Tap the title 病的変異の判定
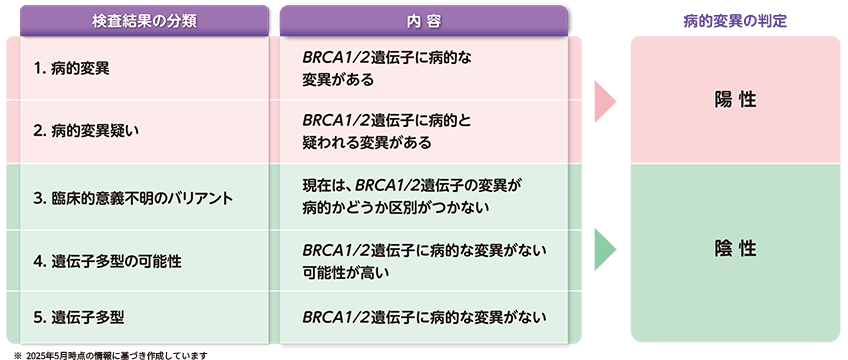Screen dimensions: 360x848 click(735, 20)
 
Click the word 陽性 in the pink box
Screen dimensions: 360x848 click(735, 99)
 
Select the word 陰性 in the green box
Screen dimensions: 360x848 click(735, 248)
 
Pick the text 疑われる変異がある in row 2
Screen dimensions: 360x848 click(367, 143)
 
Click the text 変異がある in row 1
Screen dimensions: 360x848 click(340, 81)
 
